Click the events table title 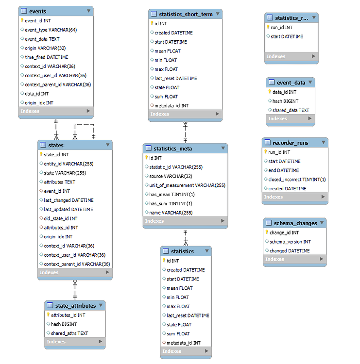point(38,11)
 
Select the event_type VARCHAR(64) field point(50,30)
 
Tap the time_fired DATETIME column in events point(47,57)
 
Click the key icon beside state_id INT point(41,154)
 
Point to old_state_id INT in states point(60,218)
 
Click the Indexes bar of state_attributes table point(74,342)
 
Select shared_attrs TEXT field point(69,333)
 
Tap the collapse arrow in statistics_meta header point(222,149)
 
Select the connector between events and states point(56,129)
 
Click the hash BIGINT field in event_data point(284,101)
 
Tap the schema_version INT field point(290,242)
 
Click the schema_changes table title point(295,223)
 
